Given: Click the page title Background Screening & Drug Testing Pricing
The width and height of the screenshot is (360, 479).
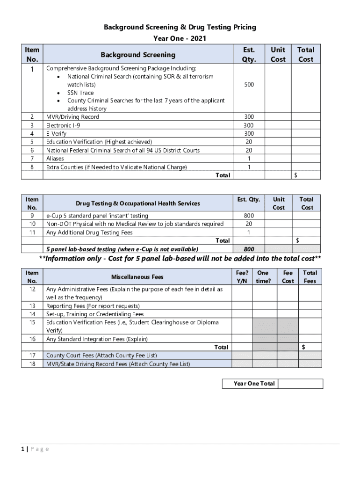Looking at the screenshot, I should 180,27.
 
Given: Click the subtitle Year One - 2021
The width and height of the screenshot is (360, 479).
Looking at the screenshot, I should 180,38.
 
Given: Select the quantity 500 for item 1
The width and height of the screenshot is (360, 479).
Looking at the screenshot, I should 249,85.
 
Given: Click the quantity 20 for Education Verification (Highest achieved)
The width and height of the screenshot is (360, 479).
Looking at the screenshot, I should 249,142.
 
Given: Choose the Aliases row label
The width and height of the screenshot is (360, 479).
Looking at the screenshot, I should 55,159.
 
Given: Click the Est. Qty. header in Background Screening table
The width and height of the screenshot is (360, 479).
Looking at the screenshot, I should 249,54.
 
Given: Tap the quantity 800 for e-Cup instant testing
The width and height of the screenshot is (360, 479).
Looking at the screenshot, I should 249,216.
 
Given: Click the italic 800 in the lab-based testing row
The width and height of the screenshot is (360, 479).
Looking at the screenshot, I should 249,249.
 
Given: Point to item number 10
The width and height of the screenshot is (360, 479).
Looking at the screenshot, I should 32,224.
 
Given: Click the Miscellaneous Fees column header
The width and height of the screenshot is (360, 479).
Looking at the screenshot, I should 137,277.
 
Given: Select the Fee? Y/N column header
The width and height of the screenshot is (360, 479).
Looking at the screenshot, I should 242,277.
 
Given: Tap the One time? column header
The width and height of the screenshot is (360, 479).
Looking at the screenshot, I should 263,277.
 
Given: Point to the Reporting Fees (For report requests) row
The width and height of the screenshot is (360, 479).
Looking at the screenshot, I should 93,306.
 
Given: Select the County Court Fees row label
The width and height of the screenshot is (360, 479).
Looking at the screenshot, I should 101,356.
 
